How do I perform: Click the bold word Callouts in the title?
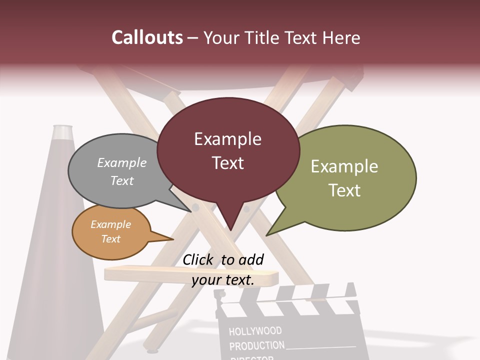(x=147, y=37)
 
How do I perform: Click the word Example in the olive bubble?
(x=344, y=166)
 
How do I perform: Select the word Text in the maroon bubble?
(x=228, y=163)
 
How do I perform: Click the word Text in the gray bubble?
(x=122, y=180)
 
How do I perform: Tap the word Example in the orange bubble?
(x=110, y=224)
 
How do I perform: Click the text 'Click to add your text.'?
(x=223, y=270)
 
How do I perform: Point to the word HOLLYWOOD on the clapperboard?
(x=255, y=331)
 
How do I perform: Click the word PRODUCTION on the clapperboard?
(x=257, y=345)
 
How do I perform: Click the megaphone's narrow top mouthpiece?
(x=62, y=132)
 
